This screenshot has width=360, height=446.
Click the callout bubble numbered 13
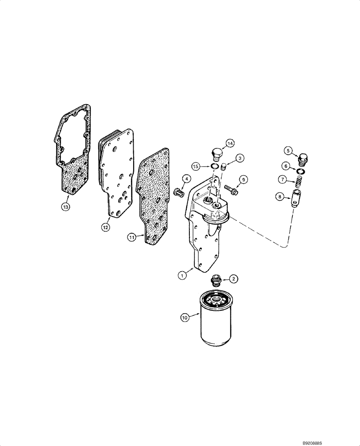[66, 206]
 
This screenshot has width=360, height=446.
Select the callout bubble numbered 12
[105, 227]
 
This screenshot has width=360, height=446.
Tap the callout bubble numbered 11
[131, 238]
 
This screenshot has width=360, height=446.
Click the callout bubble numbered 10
[184, 318]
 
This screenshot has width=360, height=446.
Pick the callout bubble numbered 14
[230, 143]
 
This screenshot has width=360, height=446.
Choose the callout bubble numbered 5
[288, 151]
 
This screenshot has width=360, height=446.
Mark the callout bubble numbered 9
[243, 179]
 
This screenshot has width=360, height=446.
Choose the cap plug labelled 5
[303, 158]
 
